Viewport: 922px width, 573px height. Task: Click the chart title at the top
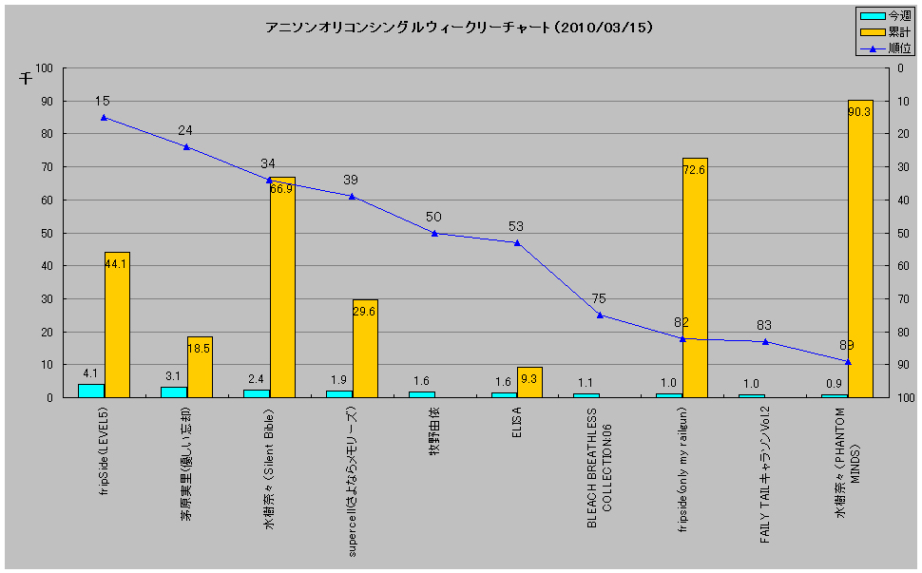(459, 28)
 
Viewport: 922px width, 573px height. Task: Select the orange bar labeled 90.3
(860, 249)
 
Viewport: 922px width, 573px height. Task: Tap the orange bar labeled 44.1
(117, 325)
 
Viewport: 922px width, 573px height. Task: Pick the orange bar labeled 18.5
(200, 367)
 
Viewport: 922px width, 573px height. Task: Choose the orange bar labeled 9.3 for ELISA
(529, 382)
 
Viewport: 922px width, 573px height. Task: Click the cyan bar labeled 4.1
(91, 391)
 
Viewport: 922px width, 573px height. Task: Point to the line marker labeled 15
(104, 118)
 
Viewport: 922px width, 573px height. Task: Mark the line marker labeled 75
(600, 315)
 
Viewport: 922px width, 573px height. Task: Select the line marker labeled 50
(434, 233)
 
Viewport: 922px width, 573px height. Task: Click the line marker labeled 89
(848, 361)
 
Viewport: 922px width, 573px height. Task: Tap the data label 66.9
(281, 189)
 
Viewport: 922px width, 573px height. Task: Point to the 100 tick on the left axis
(44, 68)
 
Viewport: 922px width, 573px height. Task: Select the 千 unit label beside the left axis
(26, 79)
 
